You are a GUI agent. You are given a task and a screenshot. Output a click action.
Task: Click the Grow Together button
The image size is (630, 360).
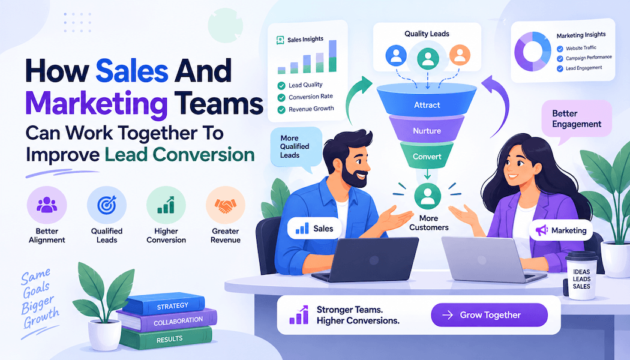point(489,315)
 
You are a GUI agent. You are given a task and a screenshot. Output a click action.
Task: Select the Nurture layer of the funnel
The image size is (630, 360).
point(427,130)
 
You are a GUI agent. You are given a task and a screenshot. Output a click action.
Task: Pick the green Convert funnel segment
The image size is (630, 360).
point(427,155)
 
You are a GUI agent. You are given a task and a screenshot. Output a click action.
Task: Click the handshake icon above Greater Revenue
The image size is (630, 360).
point(226,206)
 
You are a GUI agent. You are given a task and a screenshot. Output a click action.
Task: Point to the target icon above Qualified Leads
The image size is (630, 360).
point(106,205)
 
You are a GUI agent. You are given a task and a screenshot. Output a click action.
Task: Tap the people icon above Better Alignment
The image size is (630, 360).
point(47,205)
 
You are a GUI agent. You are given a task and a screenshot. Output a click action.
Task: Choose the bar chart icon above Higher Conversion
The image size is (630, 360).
point(166,205)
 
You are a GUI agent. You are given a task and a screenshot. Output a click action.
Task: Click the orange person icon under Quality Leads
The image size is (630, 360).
point(460,55)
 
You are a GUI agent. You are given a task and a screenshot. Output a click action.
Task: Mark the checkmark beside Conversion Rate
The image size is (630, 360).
point(281,98)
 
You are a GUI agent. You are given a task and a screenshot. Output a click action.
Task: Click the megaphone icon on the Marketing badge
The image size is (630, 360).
point(542,230)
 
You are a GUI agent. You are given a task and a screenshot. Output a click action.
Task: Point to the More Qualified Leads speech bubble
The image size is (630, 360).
point(296,147)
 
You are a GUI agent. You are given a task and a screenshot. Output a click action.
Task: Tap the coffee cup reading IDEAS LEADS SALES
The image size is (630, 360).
point(581,277)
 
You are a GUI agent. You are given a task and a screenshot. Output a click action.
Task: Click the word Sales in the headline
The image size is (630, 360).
point(132,71)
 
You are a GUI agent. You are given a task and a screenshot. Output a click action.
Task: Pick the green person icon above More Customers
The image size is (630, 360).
point(427,196)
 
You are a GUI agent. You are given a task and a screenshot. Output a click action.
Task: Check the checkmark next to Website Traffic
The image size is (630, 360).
point(560,49)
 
